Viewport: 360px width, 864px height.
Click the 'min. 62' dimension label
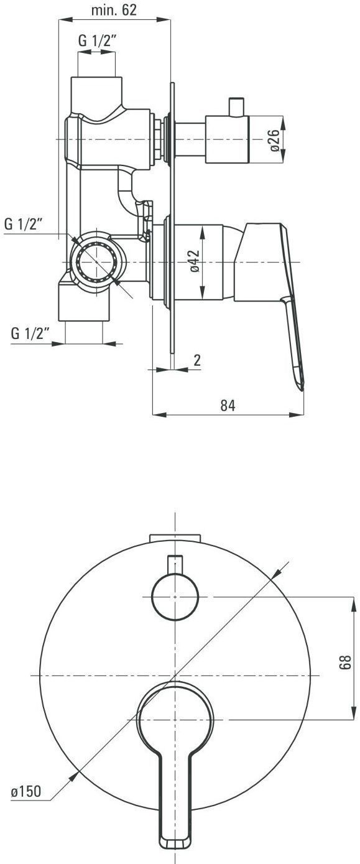click(x=114, y=11)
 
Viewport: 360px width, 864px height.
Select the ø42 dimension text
click(x=195, y=261)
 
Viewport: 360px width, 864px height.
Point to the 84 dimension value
click(x=228, y=405)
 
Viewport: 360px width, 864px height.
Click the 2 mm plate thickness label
click(x=197, y=360)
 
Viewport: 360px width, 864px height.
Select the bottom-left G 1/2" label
click(x=30, y=333)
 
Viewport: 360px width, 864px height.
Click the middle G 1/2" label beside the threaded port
click(x=23, y=224)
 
